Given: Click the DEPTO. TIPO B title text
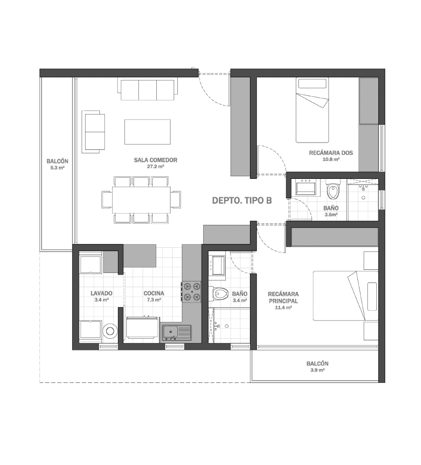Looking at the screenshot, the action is pyautogui.click(x=242, y=200).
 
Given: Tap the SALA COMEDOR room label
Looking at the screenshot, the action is pyautogui.click(x=155, y=160).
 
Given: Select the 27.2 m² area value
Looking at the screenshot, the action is pyautogui.click(x=155, y=167).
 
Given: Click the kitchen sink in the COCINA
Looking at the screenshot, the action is pyautogui.click(x=177, y=333).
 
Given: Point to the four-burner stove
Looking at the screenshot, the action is pyautogui.click(x=192, y=291).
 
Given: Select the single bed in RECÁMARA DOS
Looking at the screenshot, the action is pyautogui.click(x=313, y=110).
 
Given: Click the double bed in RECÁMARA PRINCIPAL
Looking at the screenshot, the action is pyautogui.click(x=346, y=296).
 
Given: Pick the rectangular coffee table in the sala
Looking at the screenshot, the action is pyautogui.click(x=147, y=132).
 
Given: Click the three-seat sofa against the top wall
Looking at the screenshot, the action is pyautogui.click(x=147, y=89).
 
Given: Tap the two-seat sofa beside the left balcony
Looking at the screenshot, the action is pyautogui.click(x=93, y=132).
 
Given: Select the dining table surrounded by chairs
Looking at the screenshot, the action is pyautogui.click(x=141, y=199).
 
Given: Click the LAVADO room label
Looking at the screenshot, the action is pyautogui.click(x=102, y=294).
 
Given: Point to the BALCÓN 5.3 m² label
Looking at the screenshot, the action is pyautogui.click(x=57, y=164).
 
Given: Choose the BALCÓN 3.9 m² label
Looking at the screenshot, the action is pyautogui.click(x=317, y=367).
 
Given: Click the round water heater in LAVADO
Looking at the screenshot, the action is pyautogui.click(x=110, y=331).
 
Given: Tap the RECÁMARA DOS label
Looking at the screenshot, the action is pyautogui.click(x=331, y=153).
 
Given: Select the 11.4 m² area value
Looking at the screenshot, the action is pyautogui.click(x=283, y=308).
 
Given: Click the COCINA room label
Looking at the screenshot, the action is pyautogui.click(x=154, y=294).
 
